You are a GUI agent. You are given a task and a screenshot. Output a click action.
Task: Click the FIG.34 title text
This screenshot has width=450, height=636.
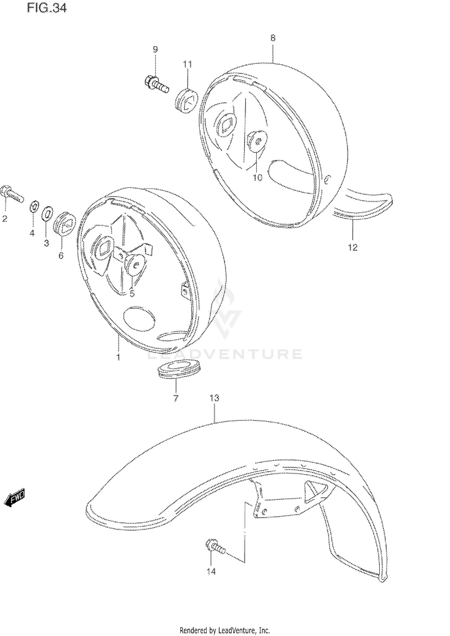tap(47, 8)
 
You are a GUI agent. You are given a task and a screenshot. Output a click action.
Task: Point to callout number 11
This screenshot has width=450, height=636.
tap(187, 64)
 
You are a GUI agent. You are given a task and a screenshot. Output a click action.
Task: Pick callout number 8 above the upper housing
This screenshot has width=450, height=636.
tap(272, 38)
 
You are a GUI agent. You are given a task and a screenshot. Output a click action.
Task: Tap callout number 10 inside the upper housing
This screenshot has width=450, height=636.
tap(258, 177)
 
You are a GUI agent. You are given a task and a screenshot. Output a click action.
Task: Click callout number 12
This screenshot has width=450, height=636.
tap(353, 247)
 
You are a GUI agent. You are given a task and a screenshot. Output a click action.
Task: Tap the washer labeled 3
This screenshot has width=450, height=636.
tap(47, 213)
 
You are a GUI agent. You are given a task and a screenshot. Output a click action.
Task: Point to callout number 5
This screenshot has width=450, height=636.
tap(132, 293)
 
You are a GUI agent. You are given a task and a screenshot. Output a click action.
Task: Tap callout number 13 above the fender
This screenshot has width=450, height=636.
tap(214, 398)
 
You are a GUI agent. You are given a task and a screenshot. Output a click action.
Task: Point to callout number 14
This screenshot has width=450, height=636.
tap(211, 571)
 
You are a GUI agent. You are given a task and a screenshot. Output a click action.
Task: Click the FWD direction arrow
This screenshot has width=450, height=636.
tap(14, 498)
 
